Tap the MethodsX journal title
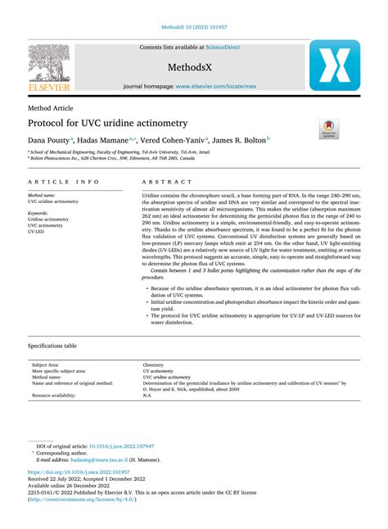[193, 66]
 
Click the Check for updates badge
[329, 127]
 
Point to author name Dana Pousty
[49, 140]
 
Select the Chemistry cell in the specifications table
[153, 364]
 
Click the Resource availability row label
[54, 396]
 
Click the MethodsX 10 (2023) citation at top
[193, 27]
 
